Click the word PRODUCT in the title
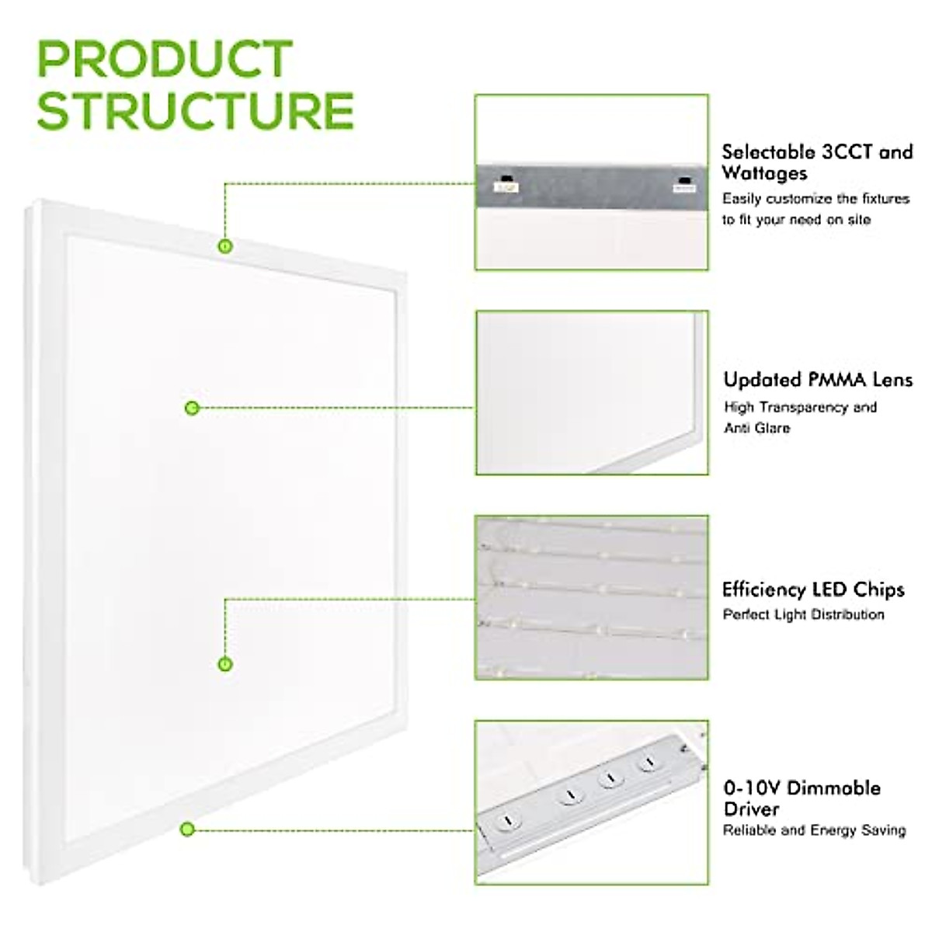tap(165, 59)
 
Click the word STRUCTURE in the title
tap(196, 110)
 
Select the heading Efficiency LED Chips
tap(813, 589)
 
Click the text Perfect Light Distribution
tap(803, 614)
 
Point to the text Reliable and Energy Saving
tap(814, 830)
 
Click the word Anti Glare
tap(756, 428)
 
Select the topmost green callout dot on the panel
tap(225, 246)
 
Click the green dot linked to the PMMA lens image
tap(192, 408)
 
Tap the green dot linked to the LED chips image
tap(225, 664)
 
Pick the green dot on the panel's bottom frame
tap(186, 829)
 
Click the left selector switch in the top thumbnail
tap(505, 185)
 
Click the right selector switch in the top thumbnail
tap(684, 185)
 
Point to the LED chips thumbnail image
tap(592, 597)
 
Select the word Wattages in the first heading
tap(764, 173)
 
